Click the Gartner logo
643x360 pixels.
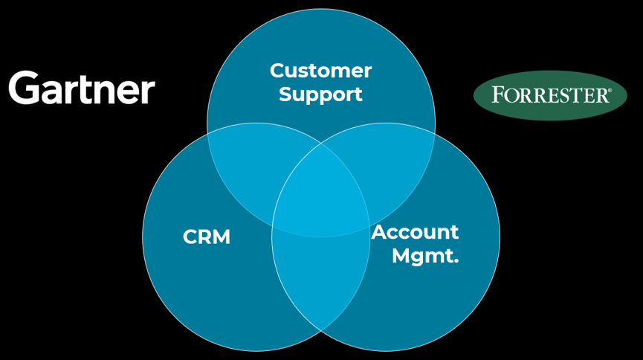[82, 89]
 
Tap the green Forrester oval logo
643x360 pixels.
[550, 95]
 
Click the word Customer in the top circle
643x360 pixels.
[320, 71]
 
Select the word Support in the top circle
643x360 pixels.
[320, 94]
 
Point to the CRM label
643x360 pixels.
[207, 237]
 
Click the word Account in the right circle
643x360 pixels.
[415, 232]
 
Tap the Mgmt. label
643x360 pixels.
[424, 257]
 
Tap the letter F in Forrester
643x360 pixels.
[497, 95]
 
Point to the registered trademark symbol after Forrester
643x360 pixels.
[610, 90]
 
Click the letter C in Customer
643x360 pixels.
[277, 71]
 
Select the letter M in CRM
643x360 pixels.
[221, 237]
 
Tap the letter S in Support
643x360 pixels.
[285, 94]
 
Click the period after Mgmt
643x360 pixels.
[455, 261]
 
